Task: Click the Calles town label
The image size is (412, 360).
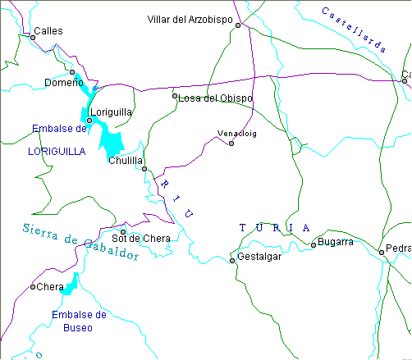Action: tap(48, 30)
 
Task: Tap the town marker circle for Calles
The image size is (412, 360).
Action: tap(33, 37)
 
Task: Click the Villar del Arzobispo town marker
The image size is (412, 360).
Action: tap(238, 25)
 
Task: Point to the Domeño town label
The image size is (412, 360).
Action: tap(63, 83)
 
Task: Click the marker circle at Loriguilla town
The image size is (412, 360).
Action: tap(89, 121)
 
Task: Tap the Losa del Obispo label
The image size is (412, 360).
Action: tap(215, 98)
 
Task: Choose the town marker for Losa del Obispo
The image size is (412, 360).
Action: tap(175, 96)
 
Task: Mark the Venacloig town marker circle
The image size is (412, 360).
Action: tap(231, 144)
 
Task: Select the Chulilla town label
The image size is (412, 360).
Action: tap(126, 161)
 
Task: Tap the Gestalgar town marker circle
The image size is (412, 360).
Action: tap(232, 261)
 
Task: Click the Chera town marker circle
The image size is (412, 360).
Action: tap(33, 287)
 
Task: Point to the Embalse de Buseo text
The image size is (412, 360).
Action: tap(79, 321)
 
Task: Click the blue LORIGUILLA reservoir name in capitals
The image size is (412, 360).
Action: tap(57, 151)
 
